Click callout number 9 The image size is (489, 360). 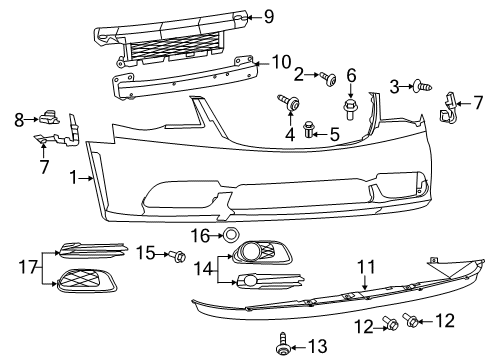tap(268, 15)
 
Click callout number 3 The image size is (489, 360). tap(395, 88)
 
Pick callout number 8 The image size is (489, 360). tap(18, 119)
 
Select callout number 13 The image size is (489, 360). tap(317, 346)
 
